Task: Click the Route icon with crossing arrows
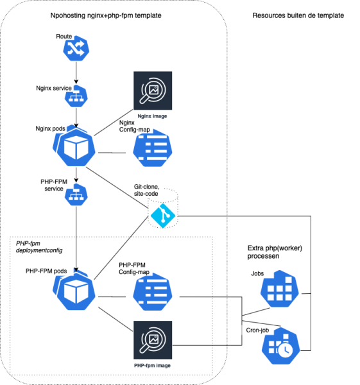(x=76, y=48)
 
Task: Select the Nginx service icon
(x=76, y=96)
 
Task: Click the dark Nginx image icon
(x=153, y=90)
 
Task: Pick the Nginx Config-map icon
(x=153, y=148)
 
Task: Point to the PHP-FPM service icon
(x=76, y=194)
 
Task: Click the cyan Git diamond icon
(x=163, y=216)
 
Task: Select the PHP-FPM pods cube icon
(x=74, y=290)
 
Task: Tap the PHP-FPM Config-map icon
(x=153, y=292)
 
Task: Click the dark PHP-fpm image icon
(x=153, y=340)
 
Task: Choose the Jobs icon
(x=279, y=289)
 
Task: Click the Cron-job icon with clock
(x=280, y=346)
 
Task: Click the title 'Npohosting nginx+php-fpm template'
(x=106, y=15)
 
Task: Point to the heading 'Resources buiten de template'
(x=298, y=15)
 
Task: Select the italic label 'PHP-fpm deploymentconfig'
(x=39, y=247)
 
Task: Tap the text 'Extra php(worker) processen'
(x=275, y=252)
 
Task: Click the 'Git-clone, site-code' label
(x=146, y=190)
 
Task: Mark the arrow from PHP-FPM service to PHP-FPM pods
(x=76, y=239)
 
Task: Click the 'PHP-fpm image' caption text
(x=152, y=366)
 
